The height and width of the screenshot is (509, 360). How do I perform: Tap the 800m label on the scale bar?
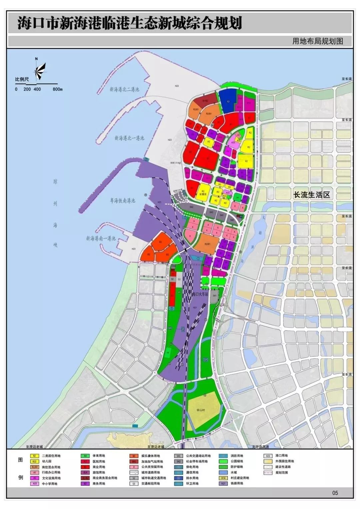click(x=57, y=89)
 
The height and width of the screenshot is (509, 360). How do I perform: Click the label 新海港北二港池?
click(x=124, y=90)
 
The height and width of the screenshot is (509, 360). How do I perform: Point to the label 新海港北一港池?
click(x=129, y=138)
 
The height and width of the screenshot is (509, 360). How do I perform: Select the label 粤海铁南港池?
click(x=123, y=201)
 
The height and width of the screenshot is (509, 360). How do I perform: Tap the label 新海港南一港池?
click(x=101, y=238)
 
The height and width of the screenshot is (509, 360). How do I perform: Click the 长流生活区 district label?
click(x=311, y=195)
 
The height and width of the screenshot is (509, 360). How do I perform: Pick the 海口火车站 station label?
click(x=200, y=295)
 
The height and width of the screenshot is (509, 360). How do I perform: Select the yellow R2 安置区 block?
click(x=203, y=192)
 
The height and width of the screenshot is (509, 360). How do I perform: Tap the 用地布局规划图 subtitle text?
click(x=317, y=41)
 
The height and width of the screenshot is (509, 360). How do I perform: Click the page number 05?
click(x=335, y=493)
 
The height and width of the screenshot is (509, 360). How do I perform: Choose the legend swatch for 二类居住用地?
click(x=34, y=456)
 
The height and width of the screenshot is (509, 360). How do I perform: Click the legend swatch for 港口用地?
click(x=267, y=456)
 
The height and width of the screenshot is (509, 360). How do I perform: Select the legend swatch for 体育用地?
click(x=85, y=456)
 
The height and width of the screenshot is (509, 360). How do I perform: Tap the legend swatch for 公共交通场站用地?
click(x=178, y=456)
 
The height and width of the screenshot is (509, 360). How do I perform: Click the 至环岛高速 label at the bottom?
click(x=260, y=447)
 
